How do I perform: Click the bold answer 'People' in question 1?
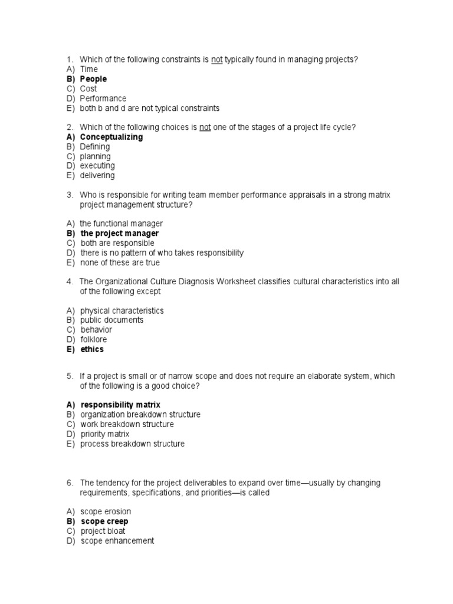click(x=93, y=79)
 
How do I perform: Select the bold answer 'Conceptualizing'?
click(x=111, y=137)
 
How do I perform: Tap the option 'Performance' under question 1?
click(x=103, y=99)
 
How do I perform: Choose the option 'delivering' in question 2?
click(x=97, y=175)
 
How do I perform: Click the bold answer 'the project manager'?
click(x=119, y=234)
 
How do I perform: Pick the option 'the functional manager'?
click(x=122, y=224)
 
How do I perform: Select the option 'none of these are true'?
click(x=120, y=262)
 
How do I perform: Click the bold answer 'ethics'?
click(x=92, y=349)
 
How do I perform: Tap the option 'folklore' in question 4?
click(x=94, y=340)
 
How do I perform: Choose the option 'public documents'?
click(x=112, y=320)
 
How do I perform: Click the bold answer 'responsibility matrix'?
click(x=120, y=405)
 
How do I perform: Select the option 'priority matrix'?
click(x=105, y=434)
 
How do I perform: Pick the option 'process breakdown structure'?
click(x=133, y=444)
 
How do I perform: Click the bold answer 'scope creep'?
click(x=104, y=521)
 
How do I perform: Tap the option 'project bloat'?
click(x=103, y=531)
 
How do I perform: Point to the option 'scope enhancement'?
click(x=117, y=540)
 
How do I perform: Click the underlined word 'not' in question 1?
click(x=216, y=60)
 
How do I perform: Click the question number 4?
click(x=69, y=282)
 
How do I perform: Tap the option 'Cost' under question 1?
click(x=88, y=88)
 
